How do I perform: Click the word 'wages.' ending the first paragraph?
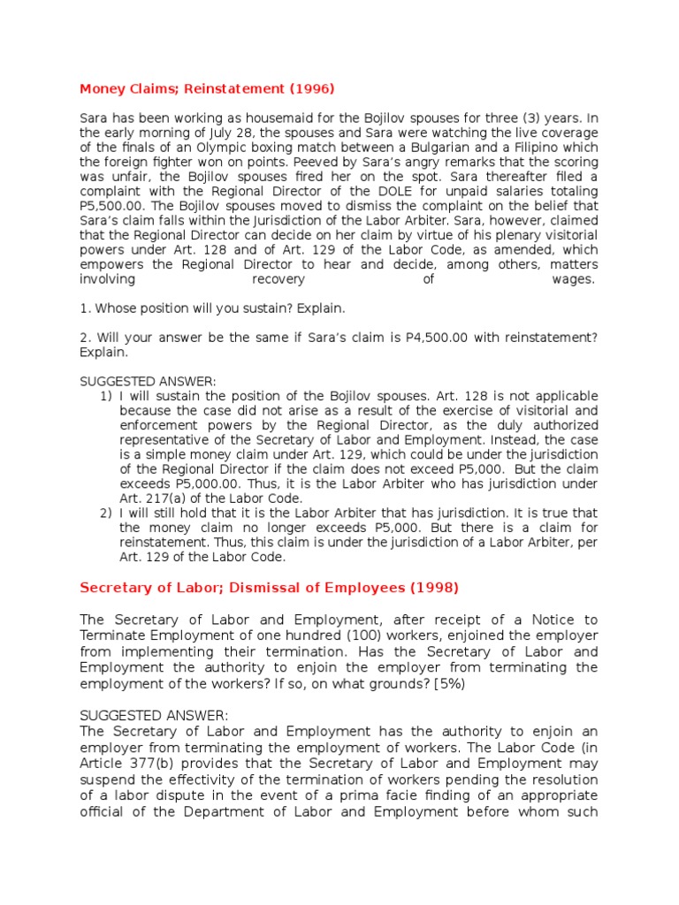point(574,279)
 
